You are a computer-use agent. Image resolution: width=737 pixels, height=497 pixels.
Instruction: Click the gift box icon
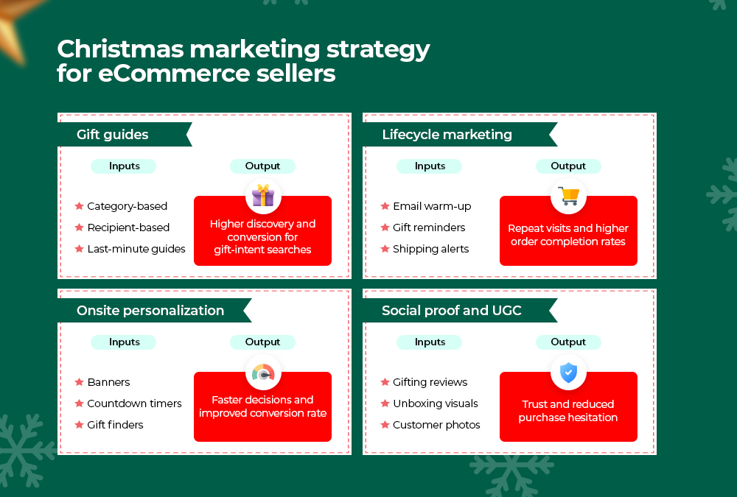(x=263, y=195)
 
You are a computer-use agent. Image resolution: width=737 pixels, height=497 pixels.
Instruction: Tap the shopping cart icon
(x=568, y=196)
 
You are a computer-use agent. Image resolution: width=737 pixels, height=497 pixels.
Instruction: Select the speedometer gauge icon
(x=263, y=373)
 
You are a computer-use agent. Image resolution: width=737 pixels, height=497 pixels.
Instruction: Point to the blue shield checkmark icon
(x=568, y=373)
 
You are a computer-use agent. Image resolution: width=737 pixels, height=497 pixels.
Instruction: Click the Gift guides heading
(x=112, y=135)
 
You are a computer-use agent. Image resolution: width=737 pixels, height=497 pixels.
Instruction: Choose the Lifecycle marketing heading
(x=447, y=135)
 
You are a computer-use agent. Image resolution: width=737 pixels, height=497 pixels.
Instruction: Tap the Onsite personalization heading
(x=150, y=311)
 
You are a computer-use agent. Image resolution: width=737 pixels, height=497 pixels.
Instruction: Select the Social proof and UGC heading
(x=452, y=311)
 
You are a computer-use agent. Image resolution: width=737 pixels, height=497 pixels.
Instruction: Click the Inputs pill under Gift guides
(x=124, y=166)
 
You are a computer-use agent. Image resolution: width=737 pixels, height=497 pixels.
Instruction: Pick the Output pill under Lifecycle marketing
(x=568, y=166)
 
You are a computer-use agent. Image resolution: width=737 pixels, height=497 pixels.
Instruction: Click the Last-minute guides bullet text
(x=136, y=249)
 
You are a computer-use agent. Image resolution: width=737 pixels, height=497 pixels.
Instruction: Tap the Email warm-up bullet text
(x=432, y=206)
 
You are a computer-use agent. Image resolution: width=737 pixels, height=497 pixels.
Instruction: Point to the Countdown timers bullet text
(x=134, y=403)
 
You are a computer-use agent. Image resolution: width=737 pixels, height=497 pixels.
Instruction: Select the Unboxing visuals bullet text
(x=436, y=403)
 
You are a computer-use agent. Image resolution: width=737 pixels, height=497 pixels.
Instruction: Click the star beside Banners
(x=80, y=382)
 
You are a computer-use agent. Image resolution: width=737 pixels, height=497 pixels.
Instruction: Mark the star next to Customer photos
(x=385, y=425)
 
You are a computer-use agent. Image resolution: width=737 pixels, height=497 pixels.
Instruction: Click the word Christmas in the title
(x=120, y=49)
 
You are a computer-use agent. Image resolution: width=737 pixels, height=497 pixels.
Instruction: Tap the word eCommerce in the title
(x=175, y=74)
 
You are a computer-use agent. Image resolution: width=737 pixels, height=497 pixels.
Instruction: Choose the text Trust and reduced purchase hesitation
(x=568, y=411)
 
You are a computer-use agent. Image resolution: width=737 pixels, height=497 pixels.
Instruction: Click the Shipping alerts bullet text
(x=430, y=249)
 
